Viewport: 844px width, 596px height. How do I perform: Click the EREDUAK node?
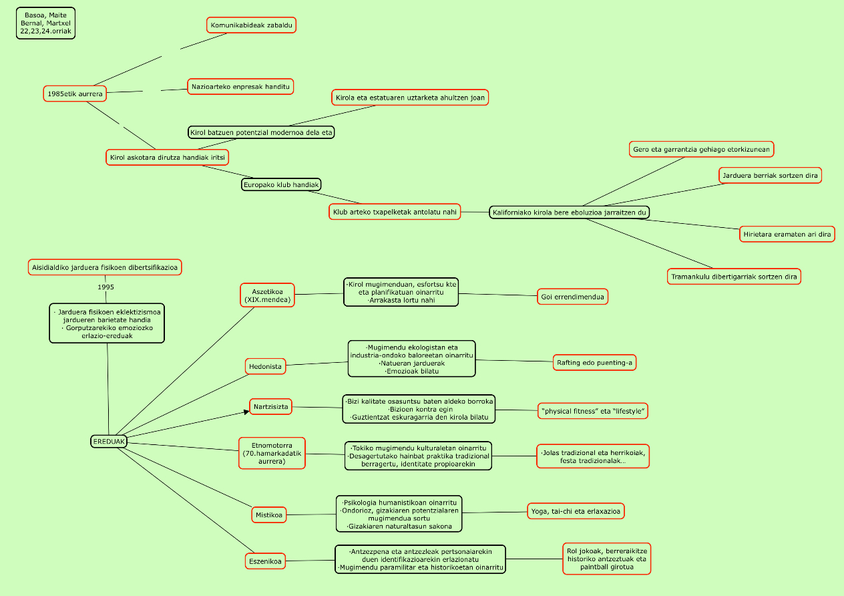(109, 441)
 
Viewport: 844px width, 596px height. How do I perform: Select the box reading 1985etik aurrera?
(75, 94)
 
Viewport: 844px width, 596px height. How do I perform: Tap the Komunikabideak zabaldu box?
(251, 25)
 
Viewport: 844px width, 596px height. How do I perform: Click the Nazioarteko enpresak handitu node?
(240, 87)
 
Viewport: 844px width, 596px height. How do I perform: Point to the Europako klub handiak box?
(281, 184)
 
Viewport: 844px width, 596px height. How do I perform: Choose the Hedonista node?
(266, 366)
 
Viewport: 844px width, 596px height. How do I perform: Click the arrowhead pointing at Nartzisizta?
(246, 412)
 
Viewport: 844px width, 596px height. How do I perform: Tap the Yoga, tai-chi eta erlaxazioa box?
(576, 512)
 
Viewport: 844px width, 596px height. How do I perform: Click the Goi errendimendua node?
(573, 297)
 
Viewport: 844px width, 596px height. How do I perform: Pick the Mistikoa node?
(269, 514)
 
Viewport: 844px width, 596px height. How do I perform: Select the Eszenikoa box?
(266, 562)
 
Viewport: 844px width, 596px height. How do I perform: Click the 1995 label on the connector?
(105, 287)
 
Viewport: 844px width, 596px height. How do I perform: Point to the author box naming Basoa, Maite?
(46, 23)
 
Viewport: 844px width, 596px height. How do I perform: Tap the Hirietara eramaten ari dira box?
(787, 235)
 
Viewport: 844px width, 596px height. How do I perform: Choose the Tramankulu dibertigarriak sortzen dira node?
(734, 277)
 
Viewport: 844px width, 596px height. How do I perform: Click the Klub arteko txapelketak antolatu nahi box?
(395, 212)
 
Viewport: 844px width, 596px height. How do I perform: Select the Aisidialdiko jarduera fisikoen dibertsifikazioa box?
(105, 267)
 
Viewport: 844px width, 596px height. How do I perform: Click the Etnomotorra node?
(272, 452)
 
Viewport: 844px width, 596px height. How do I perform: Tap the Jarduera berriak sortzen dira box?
(770, 176)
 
